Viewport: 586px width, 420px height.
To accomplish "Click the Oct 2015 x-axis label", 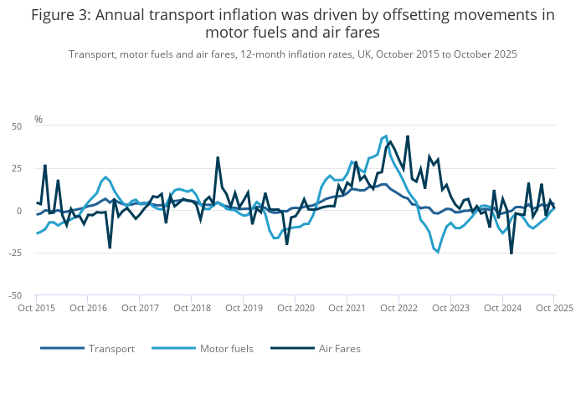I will [x=37, y=308].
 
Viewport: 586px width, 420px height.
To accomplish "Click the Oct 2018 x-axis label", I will [x=192, y=308].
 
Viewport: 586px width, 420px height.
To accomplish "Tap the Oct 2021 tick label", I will [x=347, y=308].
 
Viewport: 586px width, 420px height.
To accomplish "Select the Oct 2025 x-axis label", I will [x=554, y=308].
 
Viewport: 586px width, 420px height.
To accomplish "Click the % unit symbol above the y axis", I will [x=39, y=120].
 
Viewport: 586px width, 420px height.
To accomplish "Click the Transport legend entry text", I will [x=111, y=348].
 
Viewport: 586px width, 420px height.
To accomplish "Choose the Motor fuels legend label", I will [x=228, y=348].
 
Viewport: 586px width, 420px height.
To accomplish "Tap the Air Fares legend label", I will [x=339, y=348].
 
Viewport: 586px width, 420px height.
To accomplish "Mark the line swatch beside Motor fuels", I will [x=172, y=348].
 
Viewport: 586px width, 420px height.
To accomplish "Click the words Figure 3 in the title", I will [x=59, y=15].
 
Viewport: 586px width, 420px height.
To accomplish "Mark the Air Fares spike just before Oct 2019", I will [x=218, y=157].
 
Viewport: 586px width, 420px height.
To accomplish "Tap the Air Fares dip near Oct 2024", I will [x=511, y=253].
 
